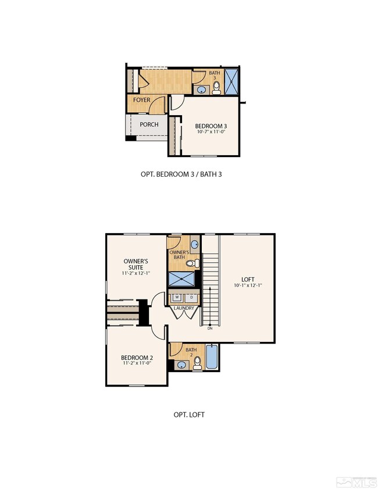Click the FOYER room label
point(142,100)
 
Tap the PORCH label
point(149,124)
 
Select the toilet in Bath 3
point(216,87)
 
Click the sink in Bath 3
point(201,90)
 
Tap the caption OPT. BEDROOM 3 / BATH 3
point(181,174)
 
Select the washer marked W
point(177,297)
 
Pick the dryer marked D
point(191,297)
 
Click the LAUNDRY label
point(184,308)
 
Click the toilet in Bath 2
point(197,362)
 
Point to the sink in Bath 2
point(182,365)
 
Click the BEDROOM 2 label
point(137,358)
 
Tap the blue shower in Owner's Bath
point(182,280)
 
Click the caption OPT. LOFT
point(189,415)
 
